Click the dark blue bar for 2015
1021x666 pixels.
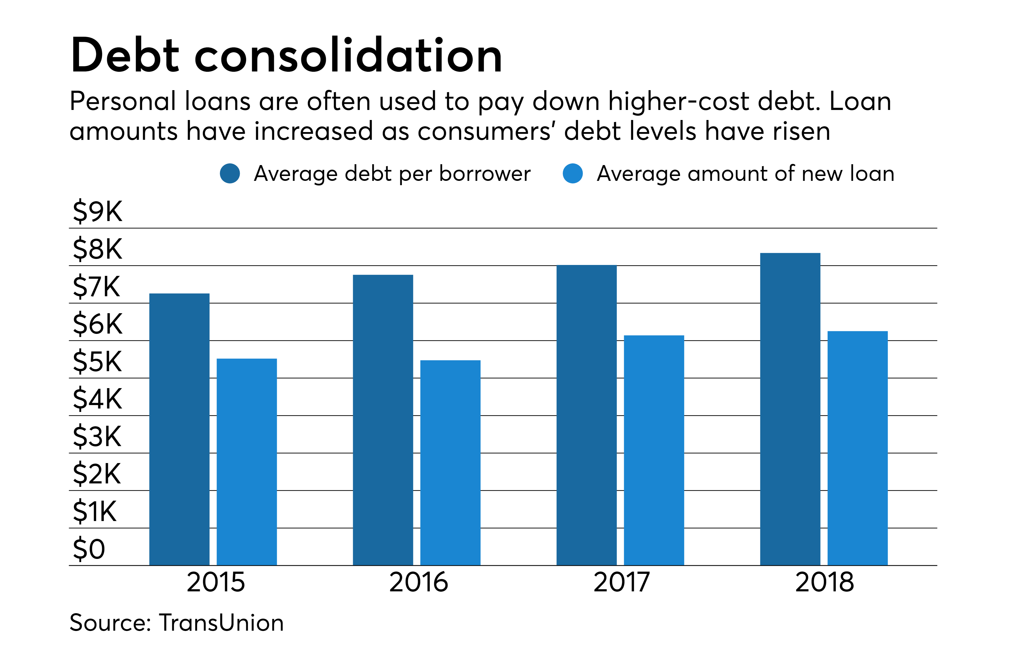tap(179, 429)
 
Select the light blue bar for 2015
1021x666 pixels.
tap(247, 462)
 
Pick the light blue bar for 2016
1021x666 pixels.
tap(450, 462)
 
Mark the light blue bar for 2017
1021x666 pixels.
tap(654, 450)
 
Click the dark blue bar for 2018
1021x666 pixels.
tap(790, 409)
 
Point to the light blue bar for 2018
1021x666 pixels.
tap(857, 448)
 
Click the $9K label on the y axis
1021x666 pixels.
tap(98, 212)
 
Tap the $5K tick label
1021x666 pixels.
tap(98, 361)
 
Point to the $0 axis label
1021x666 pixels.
tap(89, 549)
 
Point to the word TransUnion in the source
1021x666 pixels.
tap(221, 623)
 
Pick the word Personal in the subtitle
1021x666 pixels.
tap(123, 102)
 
